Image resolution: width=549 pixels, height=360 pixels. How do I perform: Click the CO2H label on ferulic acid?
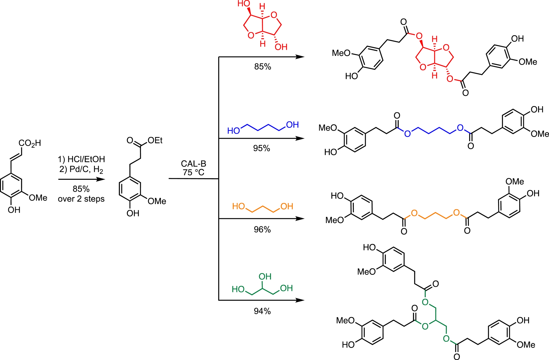tap(30, 143)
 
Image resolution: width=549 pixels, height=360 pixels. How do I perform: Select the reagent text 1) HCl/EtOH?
tap(81, 159)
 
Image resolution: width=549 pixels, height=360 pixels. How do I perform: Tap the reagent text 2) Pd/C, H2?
tap(81, 169)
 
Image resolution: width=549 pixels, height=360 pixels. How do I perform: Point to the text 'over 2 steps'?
tap(81, 199)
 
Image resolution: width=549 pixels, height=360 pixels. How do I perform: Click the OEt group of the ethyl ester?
tap(155, 140)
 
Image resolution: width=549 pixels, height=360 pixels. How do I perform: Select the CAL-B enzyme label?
tap(194, 164)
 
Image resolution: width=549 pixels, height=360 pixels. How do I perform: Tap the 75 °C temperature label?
tap(194, 173)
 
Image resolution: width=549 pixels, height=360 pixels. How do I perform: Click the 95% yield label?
tap(262, 148)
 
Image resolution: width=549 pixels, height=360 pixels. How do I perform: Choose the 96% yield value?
tap(262, 229)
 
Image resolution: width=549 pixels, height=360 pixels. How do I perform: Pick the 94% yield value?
tap(262, 311)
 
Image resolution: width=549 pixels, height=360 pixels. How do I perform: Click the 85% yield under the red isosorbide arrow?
tap(262, 67)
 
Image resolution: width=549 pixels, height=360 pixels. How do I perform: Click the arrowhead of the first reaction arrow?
tap(101, 179)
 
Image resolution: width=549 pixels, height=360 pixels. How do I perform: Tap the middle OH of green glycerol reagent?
tap(265, 277)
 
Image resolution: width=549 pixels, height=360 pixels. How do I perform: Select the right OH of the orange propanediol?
tap(287, 206)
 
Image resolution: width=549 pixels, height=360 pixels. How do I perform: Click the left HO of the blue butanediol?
tap(233, 131)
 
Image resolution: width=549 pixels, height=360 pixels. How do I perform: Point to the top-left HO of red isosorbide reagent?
tap(244, 4)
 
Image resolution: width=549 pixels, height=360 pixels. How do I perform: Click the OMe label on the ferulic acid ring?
tap(38, 198)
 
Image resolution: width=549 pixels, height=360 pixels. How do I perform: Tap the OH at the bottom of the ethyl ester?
tap(133, 213)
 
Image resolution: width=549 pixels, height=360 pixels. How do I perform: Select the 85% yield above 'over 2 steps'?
tap(81, 189)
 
